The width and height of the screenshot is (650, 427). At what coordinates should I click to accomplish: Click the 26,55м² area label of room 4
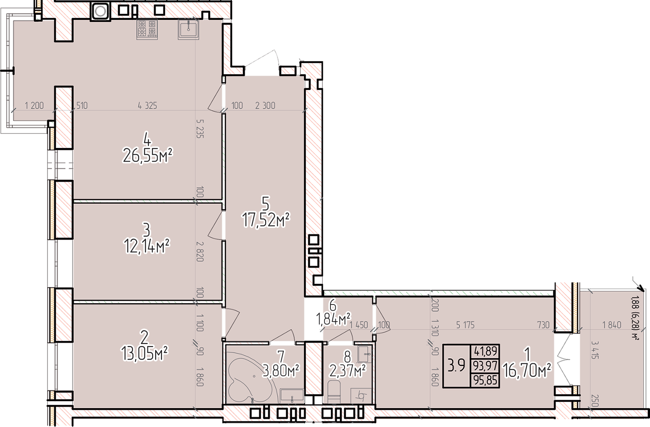[148, 156]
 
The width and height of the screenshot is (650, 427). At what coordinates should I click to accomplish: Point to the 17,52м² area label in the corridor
[266, 221]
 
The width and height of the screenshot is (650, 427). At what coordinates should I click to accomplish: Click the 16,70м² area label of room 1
[527, 371]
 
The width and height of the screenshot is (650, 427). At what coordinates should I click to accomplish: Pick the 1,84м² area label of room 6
[333, 319]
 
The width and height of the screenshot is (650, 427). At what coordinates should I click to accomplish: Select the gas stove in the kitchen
[147, 29]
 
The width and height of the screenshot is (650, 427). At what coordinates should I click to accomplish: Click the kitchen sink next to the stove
[189, 29]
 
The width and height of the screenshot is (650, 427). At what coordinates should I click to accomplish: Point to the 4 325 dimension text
[147, 106]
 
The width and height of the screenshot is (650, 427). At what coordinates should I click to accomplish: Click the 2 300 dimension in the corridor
[265, 106]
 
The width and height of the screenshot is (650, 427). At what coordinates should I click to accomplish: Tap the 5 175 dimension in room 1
[465, 325]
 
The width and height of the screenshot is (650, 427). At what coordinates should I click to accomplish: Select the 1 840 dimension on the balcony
[612, 325]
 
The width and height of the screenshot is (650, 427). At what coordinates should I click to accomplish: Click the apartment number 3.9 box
[456, 366]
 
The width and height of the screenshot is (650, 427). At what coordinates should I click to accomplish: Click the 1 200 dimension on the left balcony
[35, 106]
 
